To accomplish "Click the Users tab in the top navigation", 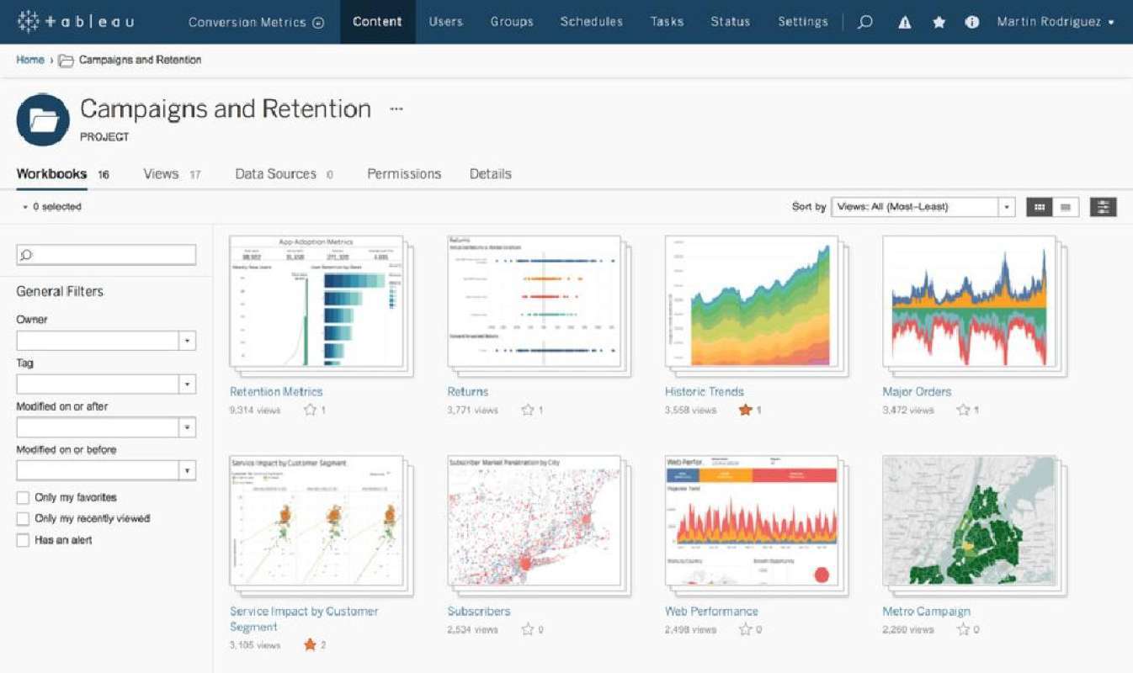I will (444, 22).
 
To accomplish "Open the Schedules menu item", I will (591, 22).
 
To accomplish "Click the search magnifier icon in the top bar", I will (864, 23).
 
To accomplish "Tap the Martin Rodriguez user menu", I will (1055, 22).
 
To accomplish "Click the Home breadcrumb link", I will (30, 61).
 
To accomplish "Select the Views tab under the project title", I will (161, 174).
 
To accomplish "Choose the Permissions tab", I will (404, 174).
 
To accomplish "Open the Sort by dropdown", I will (922, 207).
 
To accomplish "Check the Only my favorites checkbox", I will (24, 497).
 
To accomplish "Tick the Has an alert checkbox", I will (24, 540).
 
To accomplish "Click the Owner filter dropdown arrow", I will (188, 341).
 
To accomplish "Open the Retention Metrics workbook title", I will (276, 392).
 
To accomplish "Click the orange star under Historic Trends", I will (744, 411).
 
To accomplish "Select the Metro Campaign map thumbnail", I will (968, 520).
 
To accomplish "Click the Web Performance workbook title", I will (711, 612).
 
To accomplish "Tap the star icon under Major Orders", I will (963, 411).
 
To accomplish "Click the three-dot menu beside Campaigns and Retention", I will (396, 109).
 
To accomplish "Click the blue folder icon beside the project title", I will (43, 120).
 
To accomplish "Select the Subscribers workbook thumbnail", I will (534, 520).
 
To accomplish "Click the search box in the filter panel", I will (107, 255).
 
